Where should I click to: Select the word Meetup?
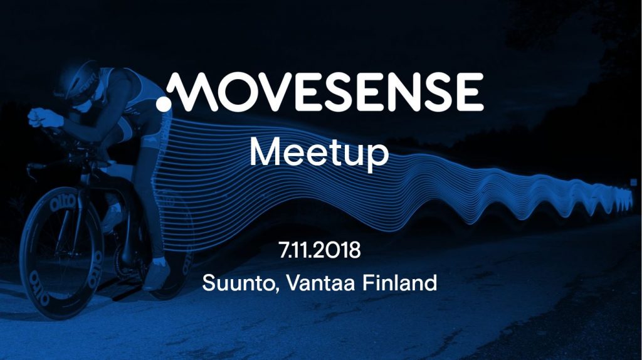319,154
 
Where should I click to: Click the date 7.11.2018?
320,250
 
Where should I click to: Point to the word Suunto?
238,283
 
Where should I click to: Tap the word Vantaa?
320,283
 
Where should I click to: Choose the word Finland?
399,283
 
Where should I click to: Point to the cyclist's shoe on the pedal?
156,275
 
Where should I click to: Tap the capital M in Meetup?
265,152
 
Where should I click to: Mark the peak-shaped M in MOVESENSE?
195,92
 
